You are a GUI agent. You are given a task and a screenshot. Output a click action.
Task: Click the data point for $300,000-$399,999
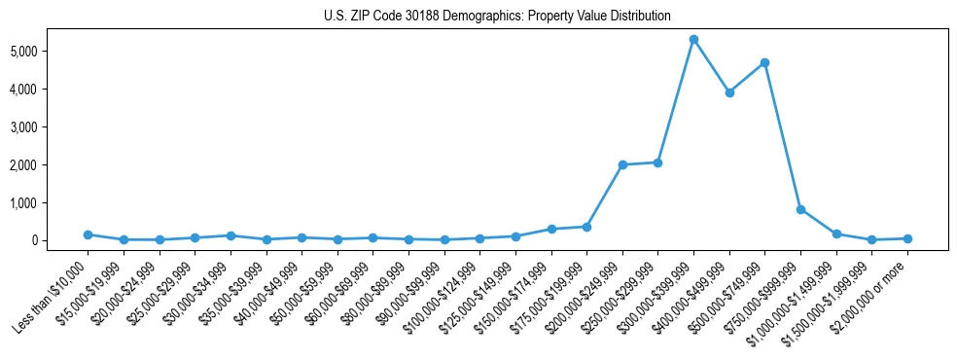(693, 40)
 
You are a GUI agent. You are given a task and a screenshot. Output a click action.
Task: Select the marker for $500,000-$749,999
(764, 62)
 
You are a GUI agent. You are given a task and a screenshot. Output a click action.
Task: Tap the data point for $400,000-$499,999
(729, 92)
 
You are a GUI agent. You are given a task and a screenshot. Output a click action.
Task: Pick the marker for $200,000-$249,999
(622, 164)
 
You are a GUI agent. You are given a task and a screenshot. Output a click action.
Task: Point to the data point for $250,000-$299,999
(657, 162)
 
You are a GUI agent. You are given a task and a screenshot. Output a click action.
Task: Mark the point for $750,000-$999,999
(800, 209)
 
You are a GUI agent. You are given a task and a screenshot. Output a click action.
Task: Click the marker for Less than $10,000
(88, 234)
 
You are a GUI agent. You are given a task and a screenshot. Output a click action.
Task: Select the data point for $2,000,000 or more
(907, 238)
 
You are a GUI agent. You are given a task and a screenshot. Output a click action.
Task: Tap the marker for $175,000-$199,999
(586, 227)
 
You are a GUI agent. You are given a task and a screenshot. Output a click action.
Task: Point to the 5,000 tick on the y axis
(50, 51)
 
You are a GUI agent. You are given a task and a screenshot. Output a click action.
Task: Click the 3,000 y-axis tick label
(50, 126)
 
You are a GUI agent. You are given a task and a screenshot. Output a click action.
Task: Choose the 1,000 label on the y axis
(50, 202)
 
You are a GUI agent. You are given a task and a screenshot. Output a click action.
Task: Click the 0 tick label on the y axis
(60, 240)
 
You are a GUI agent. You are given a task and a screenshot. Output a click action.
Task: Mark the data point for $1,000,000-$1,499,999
(836, 234)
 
